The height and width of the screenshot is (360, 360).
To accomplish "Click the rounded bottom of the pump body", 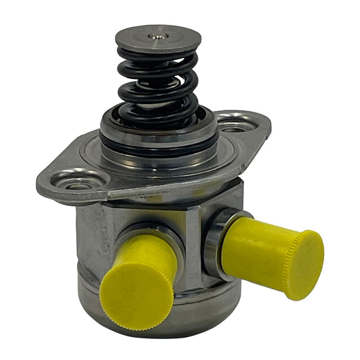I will (169, 317).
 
